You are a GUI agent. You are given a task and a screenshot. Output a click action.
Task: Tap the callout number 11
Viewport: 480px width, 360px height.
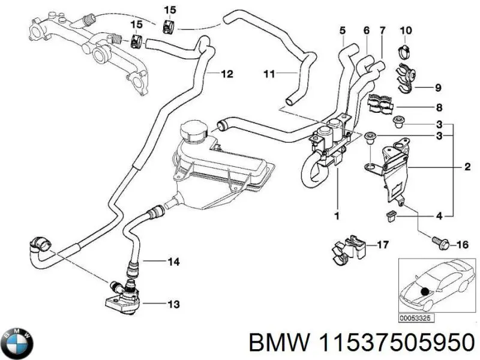click(x=269, y=74)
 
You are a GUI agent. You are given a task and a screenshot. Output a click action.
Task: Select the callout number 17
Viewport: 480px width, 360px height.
click(x=383, y=245)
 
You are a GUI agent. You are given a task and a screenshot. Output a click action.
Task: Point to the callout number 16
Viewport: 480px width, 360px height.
click(x=462, y=245)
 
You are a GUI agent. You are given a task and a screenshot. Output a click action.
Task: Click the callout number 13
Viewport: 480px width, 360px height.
click(x=173, y=305)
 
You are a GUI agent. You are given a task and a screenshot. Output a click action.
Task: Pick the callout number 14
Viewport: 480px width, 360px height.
click(x=173, y=262)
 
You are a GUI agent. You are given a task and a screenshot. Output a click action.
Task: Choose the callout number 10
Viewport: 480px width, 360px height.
click(x=406, y=31)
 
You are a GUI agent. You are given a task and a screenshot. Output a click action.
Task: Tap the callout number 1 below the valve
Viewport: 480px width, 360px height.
click(x=337, y=215)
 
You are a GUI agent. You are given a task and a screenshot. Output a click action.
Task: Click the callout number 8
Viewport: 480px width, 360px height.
click(x=439, y=109)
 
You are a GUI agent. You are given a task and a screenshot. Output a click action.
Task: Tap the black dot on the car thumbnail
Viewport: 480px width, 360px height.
click(x=427, y=292)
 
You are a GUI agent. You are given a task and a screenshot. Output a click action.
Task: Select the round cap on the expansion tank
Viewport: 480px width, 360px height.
click(x=193, y=133)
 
